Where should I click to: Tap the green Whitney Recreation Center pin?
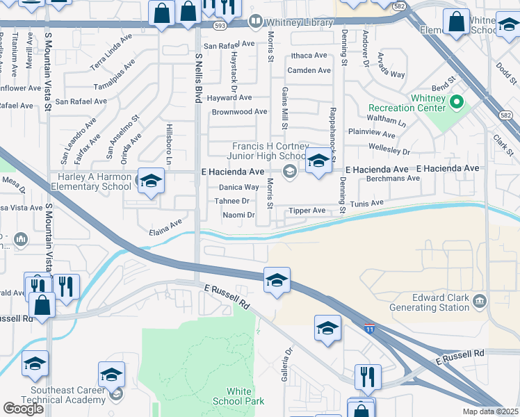(456, 103)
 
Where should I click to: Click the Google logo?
(23, 409)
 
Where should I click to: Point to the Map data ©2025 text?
(491, 411)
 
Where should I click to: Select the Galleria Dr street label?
(287, 360)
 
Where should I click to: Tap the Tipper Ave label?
(308, 211)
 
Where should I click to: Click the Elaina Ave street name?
(165, 224)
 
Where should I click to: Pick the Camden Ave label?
(309, 70)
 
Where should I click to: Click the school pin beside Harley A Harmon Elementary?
(150, 182)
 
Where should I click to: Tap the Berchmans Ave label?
(393, 178)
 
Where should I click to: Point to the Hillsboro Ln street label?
(168, 142)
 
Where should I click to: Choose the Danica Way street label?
(239, 187)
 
